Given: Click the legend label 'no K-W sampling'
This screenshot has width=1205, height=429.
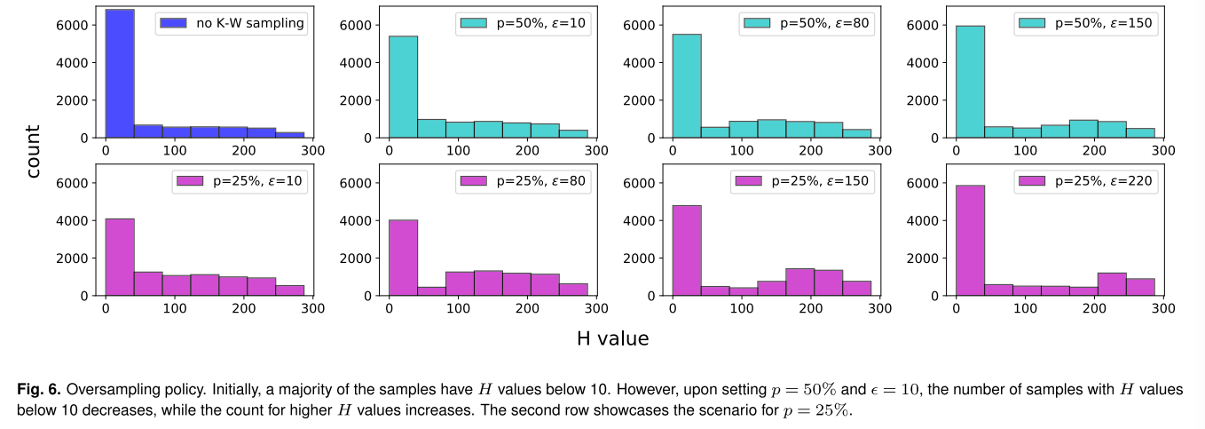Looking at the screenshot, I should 249,24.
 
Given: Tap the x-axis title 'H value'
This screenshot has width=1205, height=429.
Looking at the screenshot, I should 612,338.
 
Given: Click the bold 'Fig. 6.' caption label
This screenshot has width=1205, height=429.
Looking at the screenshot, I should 39,390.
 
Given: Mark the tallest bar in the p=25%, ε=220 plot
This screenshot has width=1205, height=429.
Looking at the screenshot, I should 971,240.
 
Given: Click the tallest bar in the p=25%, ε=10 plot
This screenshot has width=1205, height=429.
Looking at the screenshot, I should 120,257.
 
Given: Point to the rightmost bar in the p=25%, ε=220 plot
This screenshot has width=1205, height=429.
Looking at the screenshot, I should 1140,287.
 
